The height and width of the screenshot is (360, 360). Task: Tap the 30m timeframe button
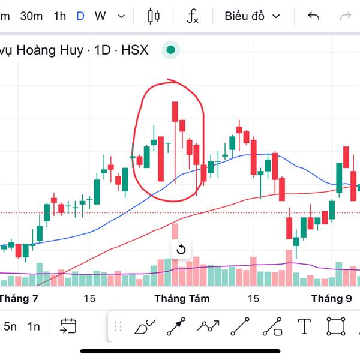[31, 16]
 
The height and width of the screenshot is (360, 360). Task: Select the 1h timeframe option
[59, 16]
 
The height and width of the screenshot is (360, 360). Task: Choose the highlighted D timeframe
[80, 16]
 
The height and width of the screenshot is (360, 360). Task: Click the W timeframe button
[100, 16]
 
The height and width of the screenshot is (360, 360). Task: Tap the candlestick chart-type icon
[154, 16]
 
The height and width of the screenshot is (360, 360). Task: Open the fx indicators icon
[193, 16]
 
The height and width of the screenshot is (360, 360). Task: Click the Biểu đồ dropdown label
[245, 16]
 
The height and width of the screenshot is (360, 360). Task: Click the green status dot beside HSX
[171, 50]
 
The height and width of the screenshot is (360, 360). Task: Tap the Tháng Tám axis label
[179, 298]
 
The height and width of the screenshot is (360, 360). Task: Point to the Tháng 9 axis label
[331, 298]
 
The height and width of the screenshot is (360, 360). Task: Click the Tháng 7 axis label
[19, 298]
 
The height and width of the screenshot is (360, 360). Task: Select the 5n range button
[10, 326]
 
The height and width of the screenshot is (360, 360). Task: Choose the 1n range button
[34, 326]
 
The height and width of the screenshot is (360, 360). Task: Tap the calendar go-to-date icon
[68, 326]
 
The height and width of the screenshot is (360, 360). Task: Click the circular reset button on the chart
[181, 250]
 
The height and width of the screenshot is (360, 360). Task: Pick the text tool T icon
[305, 326]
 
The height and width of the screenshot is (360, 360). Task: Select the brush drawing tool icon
[145, 326]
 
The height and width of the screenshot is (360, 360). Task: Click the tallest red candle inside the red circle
[161, 158]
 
